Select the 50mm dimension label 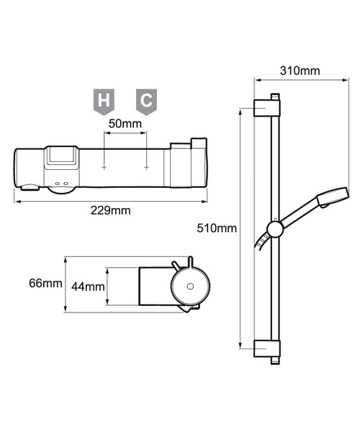coord(125,124)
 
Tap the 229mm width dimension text coord(112,210)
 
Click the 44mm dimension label coord(89,287)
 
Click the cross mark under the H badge coord(104,167)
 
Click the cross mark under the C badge coord(146,167)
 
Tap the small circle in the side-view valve coord(189,287)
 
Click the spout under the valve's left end coord(31,189)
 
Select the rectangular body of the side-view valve coord(155,287)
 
